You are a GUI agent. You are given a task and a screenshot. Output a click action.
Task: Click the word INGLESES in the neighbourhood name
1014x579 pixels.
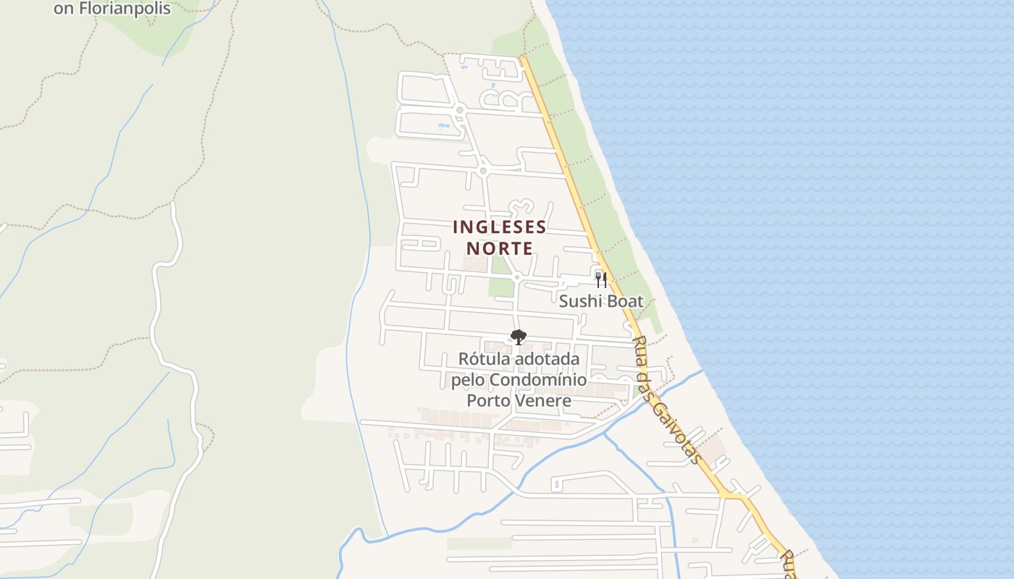click(499, 227)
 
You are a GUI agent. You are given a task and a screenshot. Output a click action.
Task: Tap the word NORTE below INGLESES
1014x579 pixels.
click(499, 248)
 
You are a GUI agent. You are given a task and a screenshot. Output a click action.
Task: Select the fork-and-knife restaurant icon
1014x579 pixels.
click(600, 279)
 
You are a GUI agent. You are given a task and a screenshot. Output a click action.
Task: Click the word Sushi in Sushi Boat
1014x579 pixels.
click(582, 301)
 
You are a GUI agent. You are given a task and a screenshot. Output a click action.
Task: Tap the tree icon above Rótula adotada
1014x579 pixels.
click(518, 337)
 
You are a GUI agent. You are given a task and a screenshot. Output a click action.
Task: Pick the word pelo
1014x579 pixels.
click(468, 380)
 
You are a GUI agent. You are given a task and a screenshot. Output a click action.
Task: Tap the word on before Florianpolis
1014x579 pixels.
click(63, 9)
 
